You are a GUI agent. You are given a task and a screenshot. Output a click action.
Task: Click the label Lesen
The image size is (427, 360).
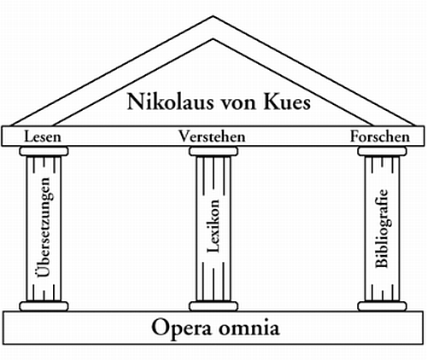click(43, 136)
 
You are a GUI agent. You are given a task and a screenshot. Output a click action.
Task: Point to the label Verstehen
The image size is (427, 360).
click(212, 136)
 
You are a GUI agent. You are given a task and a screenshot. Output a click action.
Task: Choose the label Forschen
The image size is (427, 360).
click(380, 136)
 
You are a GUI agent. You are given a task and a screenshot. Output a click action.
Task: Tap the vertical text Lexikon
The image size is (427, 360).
click(213, 229)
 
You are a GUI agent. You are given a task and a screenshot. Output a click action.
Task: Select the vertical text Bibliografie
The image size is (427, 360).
click(382, 228)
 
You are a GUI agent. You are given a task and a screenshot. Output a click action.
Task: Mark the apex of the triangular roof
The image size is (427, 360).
click(213, 17)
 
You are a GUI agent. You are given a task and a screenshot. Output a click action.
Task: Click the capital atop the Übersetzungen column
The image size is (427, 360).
click(44, 152)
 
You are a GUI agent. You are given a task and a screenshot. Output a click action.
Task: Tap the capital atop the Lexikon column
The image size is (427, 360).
click(213, 152)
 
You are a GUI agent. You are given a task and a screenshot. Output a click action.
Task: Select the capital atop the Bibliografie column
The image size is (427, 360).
click(382, 152)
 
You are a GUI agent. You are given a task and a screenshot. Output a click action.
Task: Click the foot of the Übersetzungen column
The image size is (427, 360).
click(44, 305)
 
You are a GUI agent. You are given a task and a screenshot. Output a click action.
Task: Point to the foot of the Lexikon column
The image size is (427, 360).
click(213, 305)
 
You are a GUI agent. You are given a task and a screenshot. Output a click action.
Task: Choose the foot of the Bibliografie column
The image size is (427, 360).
click(382, 305)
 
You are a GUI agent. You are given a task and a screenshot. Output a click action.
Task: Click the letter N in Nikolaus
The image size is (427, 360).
click(137, 102)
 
